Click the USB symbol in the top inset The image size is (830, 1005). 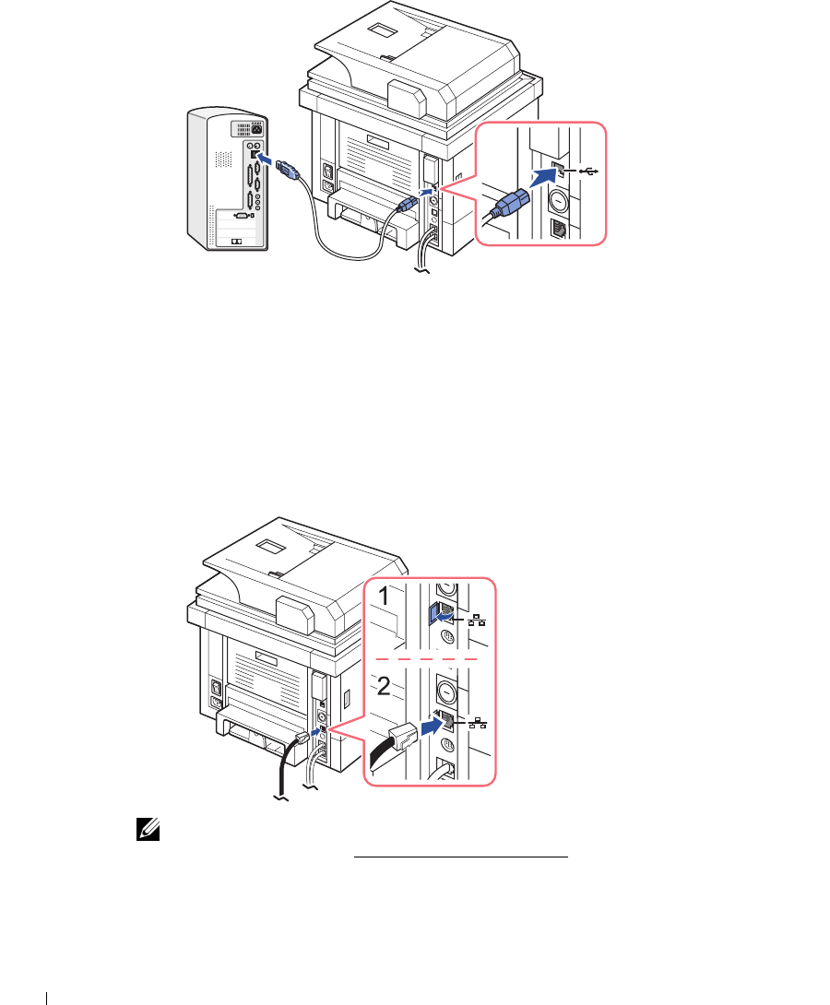click(586, 171)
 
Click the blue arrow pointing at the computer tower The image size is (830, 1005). click(267, 160)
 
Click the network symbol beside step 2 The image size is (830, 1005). click(478, 722)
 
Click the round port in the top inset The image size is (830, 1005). click(558, 200)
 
